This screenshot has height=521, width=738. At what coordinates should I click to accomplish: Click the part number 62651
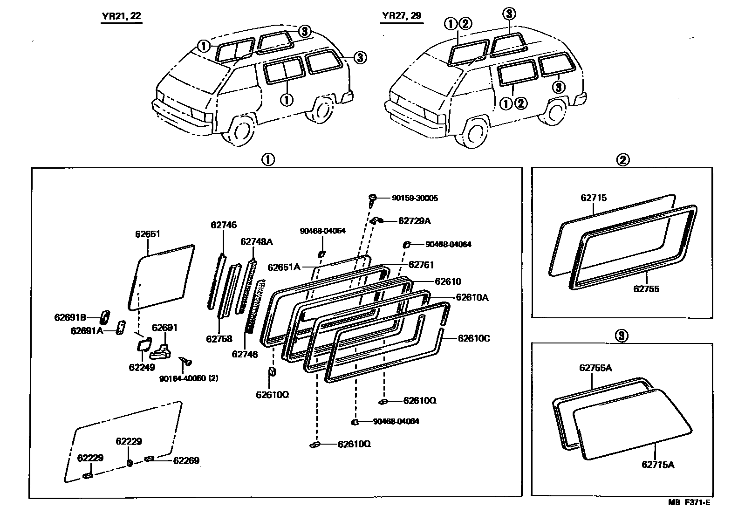point(148,234)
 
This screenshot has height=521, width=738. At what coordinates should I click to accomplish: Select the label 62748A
point(256,242)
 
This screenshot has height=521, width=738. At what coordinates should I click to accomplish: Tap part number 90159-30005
point(415,198)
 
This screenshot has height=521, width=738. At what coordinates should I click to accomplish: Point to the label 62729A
point(414,221)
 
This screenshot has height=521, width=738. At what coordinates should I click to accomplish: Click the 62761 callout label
point(421,265)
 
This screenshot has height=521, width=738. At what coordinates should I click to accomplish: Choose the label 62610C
point(473,338)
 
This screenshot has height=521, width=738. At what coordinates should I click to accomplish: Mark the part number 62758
point(219,339)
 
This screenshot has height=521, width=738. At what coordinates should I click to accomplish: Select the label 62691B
point(70,317)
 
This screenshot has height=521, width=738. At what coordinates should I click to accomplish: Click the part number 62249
point(142,367)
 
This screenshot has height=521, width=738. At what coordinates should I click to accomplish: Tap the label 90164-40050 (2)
point(189,378)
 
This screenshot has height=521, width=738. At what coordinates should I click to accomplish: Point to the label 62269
point(186,460)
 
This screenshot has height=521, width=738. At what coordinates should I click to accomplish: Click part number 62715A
point(658,464)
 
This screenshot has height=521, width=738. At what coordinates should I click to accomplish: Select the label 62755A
point(595,368)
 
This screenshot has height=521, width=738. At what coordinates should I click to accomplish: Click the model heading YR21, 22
point(122,16)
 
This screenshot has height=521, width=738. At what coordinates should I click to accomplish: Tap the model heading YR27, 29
point(401,15)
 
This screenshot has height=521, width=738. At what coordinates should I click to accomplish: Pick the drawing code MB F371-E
point(690,502)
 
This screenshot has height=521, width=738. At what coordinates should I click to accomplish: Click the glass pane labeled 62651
point(161,277)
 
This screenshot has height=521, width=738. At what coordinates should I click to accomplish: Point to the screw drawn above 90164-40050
point(185,361)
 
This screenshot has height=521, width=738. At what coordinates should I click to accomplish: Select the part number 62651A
point(283,267)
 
